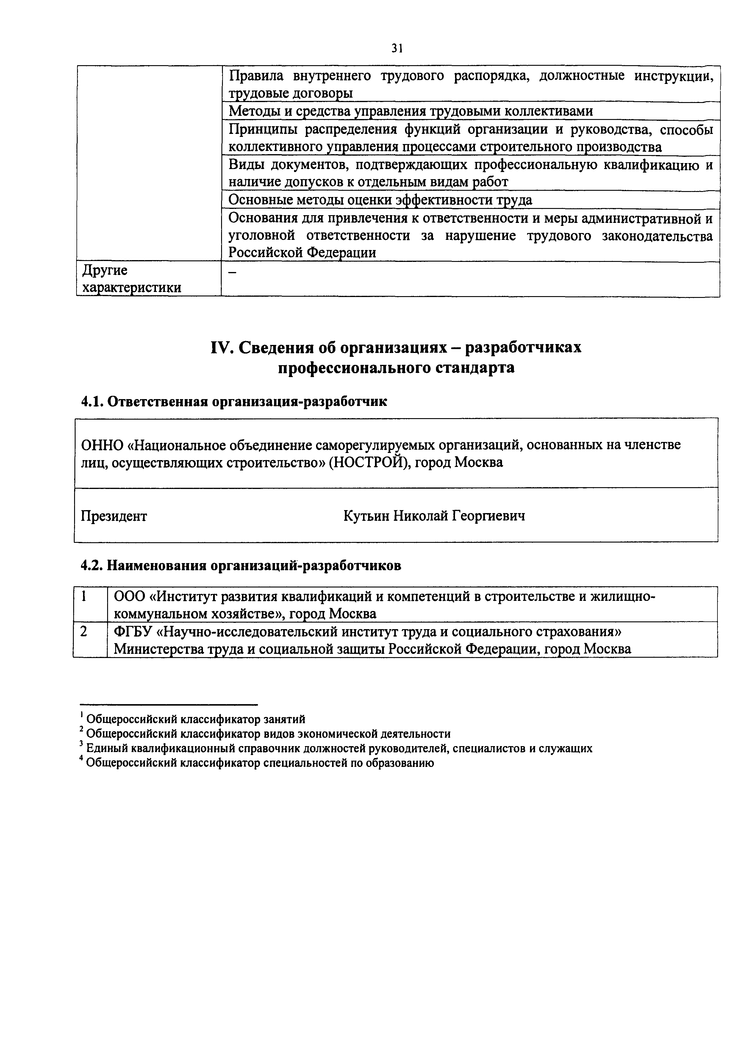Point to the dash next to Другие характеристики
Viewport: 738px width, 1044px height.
pyautogui.click(x=232, y=271)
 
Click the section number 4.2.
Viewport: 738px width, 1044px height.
pyautogui.click(x=92, y=566)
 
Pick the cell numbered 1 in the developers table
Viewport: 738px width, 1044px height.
pyautogui.click(x=84, y=596)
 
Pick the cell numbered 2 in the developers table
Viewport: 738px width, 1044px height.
pyautogui.click(x=84, y=632)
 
